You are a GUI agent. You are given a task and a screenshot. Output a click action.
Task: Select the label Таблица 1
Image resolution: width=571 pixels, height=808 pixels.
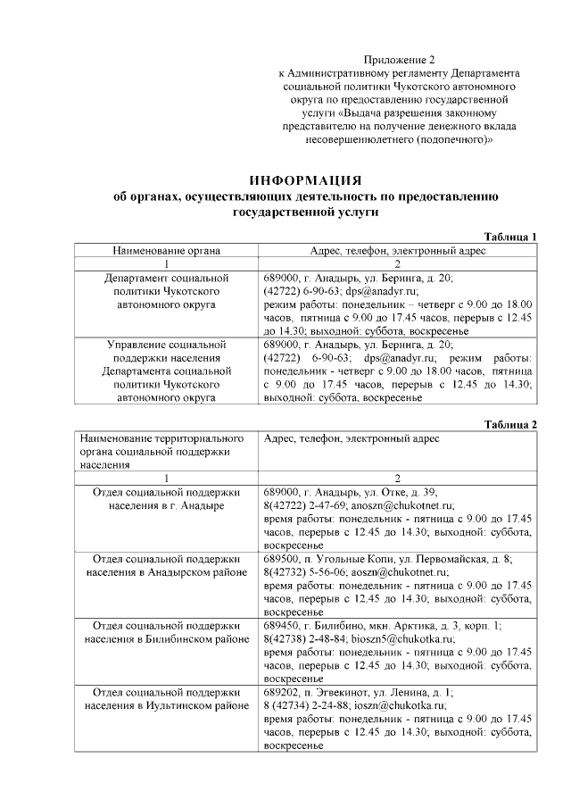509,237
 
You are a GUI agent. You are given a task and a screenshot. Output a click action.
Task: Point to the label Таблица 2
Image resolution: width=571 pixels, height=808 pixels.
509,424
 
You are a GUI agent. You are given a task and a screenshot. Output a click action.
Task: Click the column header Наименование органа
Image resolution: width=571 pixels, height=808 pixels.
166,251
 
